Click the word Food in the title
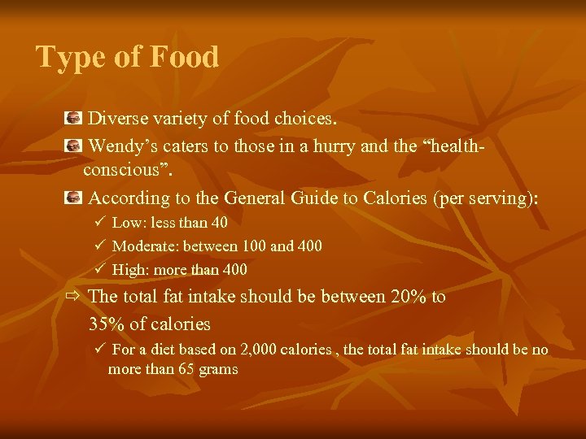(x=186, y=58)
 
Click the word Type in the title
(x=68, y=58)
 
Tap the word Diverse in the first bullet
(x=118, y=119)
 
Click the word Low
(x=126, y=223)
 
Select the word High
(x=128, y=269)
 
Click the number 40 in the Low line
(x=218, y=223)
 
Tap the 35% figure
(x=105, y=324)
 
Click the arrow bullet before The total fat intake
(x=73, y=297)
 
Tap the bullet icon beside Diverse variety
(x=73, y=119)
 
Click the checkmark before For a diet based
(x=99, y=350)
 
